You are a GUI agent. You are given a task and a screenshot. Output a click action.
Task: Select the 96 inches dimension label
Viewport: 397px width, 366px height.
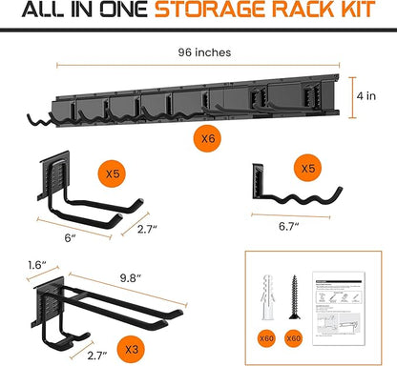(x=198, y=52)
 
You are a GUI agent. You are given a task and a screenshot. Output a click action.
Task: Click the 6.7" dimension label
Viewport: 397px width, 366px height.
(x=289, y=227)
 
